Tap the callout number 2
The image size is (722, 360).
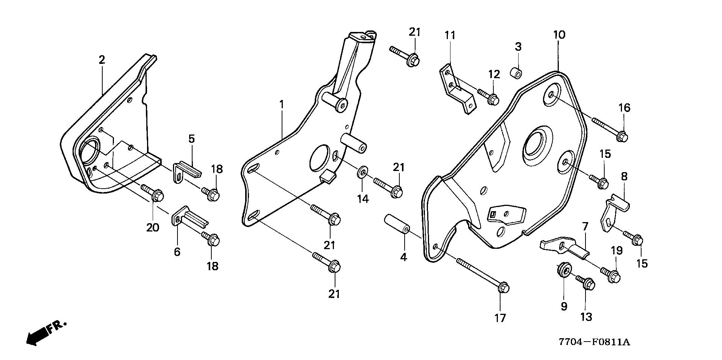[102, 60]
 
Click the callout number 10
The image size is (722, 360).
[559, 35]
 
